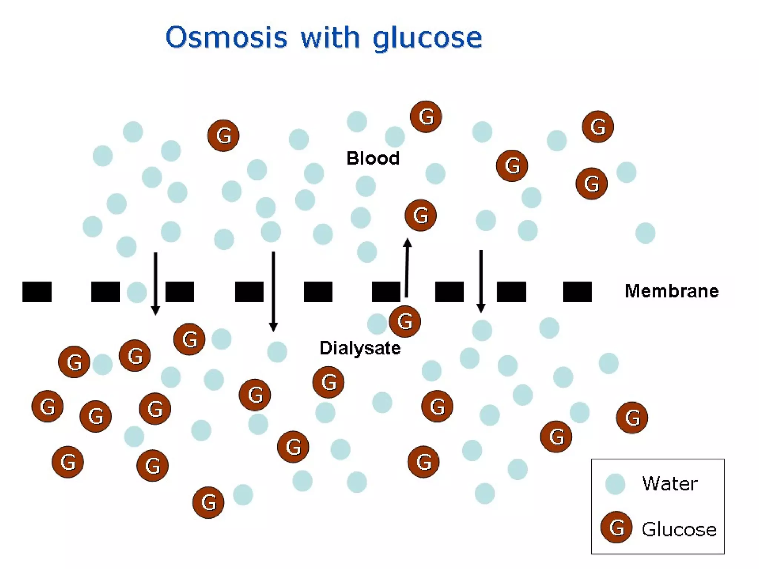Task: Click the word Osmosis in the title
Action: click(x=226, y=38)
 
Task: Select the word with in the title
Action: click(x=330, y=38)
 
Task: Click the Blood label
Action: click(x=373, y=159)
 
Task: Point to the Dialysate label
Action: click(x=360, y=348)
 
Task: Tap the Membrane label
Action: click(x=672, y=291)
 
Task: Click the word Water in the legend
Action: click(x=670, y=483)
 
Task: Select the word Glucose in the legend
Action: click(x=679, y=529)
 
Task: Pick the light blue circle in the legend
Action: click(x=615, y=484)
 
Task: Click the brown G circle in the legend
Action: click(x=616, y=528)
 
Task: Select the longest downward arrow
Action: click(x=274, y=291)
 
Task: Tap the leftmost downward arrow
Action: click(x=156, y=283)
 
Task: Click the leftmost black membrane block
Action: click(x=37, y=292)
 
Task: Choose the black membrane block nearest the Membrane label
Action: click(x=577, y=292)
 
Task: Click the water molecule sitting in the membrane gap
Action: click(x=136, y=292)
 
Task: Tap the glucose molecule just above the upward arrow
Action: click(x=420, y=215)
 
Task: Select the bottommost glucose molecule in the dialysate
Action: click(x=208, y=502)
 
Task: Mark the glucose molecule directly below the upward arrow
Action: click(x=405, y=321)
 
